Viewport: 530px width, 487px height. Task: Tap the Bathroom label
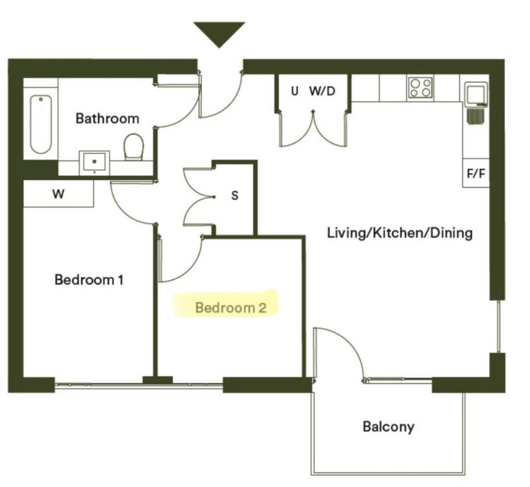[x=107, y=119]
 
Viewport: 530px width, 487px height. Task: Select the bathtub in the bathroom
[x=40, y=125]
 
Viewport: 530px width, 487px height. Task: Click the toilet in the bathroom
[x=134, y=146]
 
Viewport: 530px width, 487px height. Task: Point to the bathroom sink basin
[x=94, y=163]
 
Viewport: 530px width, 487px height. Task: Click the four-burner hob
[x=420, y=87]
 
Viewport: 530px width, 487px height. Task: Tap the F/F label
[x=476, y=174]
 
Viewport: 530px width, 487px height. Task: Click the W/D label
[x=322, y=91]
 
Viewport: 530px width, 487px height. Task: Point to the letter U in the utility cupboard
[x=295, y=91]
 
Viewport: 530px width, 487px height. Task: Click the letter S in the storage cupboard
[x=235, y=195]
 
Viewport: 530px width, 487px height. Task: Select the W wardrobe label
[x=58, y=194]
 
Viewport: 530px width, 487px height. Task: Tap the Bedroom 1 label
[x=89, y=280]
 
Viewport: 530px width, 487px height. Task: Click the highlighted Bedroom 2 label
[x=231, y=308]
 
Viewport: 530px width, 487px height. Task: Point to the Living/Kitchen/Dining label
[x=400, y=233]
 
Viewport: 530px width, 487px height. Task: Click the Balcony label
[x=388, y=427]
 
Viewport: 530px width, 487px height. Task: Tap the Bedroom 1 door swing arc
[x=123, y=212]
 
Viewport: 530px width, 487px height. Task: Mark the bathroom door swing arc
[x=187, y=112]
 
